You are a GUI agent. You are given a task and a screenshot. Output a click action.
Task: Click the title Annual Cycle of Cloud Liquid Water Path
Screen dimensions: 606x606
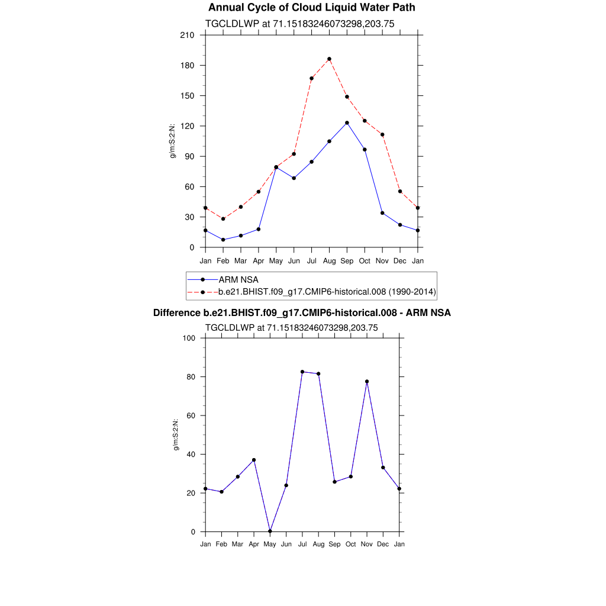point(312,8)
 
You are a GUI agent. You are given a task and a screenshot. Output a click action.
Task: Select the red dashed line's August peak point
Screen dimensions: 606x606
point(329,59)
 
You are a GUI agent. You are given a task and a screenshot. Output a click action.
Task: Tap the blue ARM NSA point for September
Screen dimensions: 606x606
point(347,123)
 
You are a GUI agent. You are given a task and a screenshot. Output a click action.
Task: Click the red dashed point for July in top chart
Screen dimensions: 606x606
point(311,78)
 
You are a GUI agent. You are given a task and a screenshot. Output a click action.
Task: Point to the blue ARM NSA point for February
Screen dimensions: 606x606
point(223,240)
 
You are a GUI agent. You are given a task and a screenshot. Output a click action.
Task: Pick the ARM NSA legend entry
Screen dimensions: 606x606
point(238,279)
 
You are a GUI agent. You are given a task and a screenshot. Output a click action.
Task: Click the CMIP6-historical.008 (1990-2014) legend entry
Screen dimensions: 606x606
point(327,291)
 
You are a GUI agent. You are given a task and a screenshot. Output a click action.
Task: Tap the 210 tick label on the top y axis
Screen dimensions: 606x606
point(188,35)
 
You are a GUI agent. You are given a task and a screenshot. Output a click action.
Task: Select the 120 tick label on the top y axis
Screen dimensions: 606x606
point(188,126)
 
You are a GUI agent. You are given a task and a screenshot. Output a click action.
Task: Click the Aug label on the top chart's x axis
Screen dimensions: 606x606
point(329,260)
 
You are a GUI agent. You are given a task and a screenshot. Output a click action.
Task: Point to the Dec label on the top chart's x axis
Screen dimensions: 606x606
point(400,260)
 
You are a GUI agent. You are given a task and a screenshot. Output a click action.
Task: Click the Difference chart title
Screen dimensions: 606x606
point(302,312)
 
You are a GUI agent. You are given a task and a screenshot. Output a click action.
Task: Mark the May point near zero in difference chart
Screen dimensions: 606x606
point(270,531)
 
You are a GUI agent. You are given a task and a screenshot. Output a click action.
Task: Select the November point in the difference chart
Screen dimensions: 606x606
point(367,382)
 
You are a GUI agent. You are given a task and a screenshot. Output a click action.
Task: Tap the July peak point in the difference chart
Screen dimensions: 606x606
point(302,372)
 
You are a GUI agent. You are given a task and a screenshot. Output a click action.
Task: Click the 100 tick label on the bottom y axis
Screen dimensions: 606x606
point(189,338)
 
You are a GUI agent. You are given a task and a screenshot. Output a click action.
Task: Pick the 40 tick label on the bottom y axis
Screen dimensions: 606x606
point(191,454)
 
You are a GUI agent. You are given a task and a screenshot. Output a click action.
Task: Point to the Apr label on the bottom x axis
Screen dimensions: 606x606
point(254,544)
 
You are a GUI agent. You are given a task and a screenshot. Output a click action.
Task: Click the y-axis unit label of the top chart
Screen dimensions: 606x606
point(173,141)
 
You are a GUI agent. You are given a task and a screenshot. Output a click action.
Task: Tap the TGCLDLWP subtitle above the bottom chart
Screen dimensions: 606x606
point(291,327)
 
